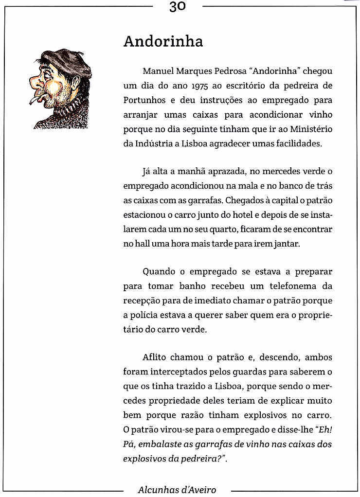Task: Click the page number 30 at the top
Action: coord(178,6)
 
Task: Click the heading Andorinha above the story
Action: coord(163,42)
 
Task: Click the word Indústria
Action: coord(154,144)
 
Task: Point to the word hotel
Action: coord(228,214)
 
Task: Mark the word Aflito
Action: coord(154,357)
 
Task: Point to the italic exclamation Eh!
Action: coord(324,430)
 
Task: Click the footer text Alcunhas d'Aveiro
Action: coord(177,490)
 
